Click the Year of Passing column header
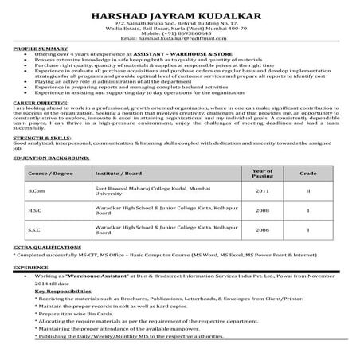point(263,194)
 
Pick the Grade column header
point(307,194)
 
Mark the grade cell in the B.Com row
point(307,214)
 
